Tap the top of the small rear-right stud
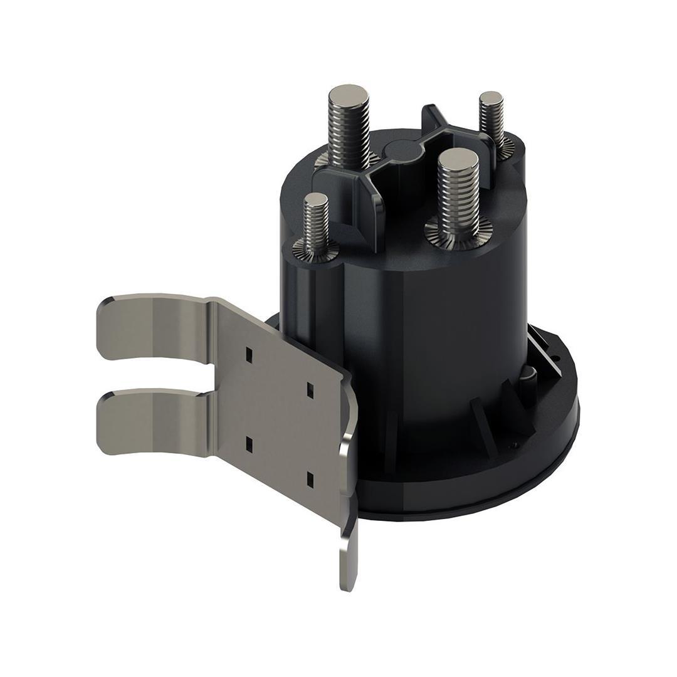click(x=491, y=99)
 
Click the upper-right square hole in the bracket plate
click(x=310, y=388)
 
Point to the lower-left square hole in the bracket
click(x=248, y=444)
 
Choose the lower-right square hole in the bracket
click(x=310, y=480)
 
